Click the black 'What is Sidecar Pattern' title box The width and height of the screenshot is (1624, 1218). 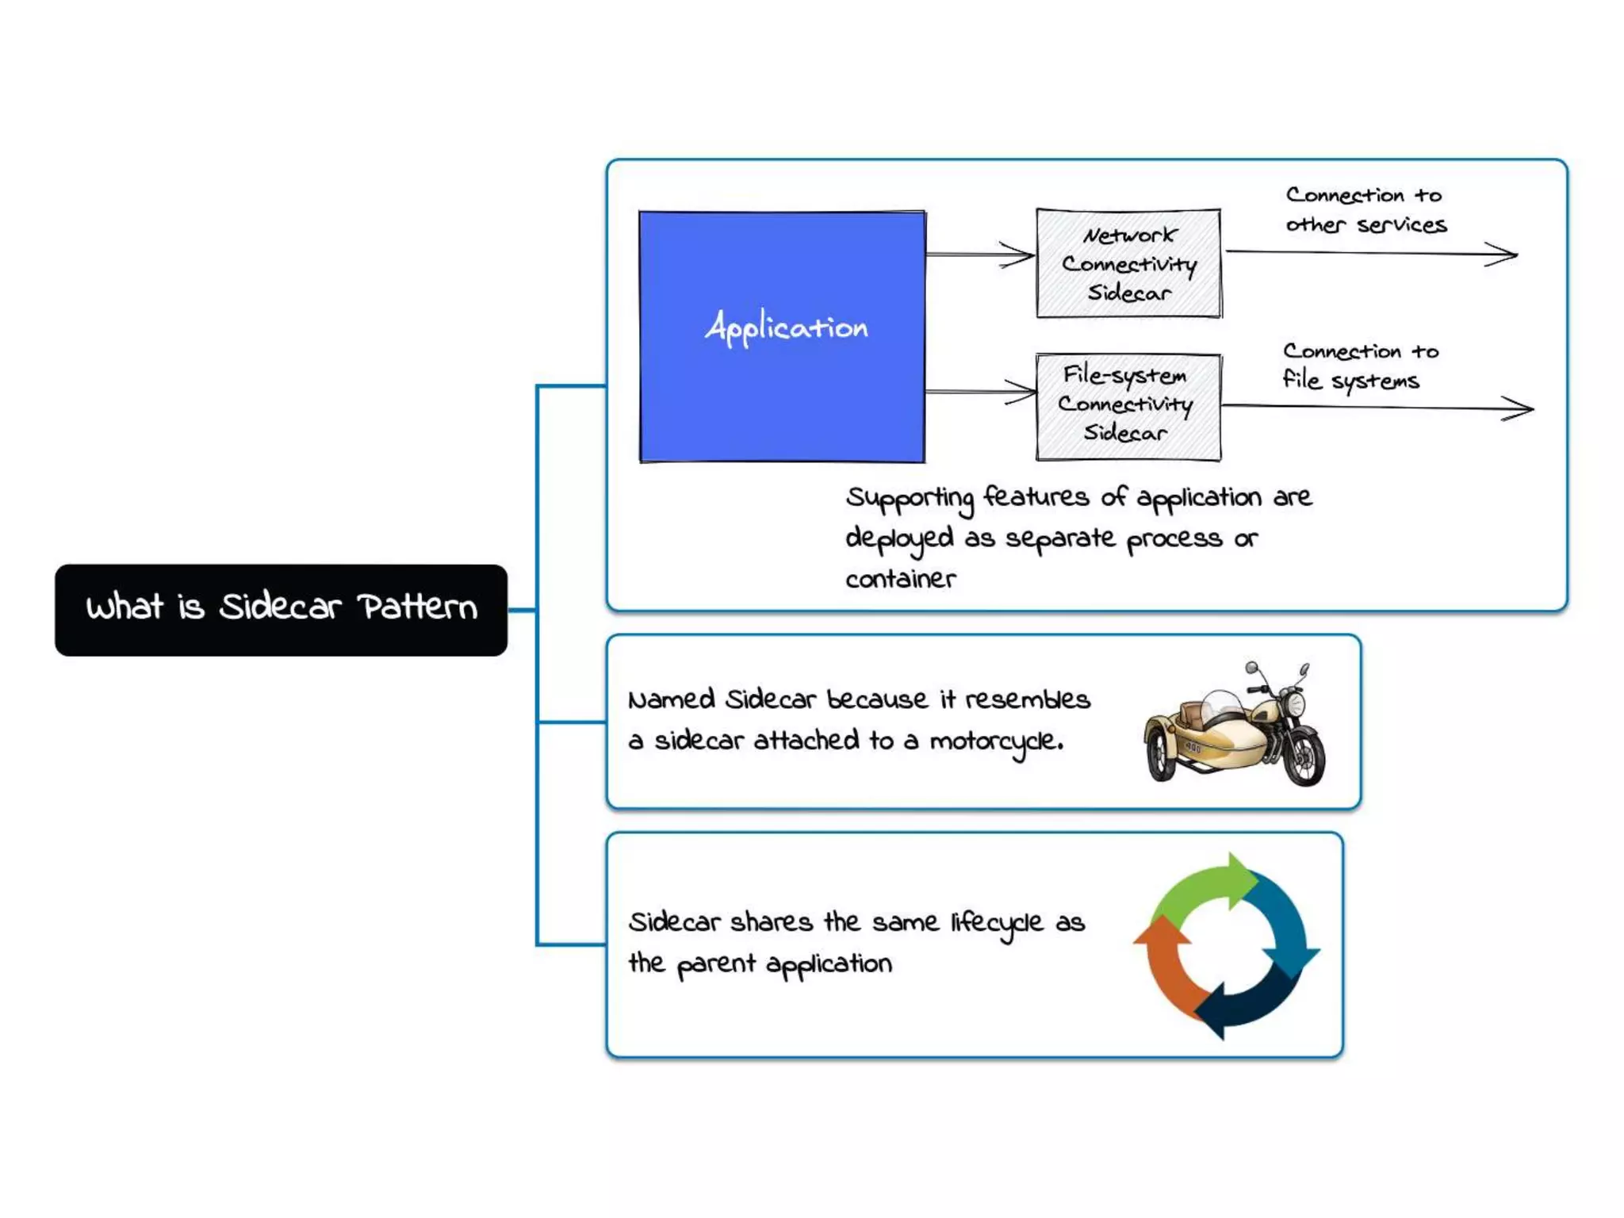281,609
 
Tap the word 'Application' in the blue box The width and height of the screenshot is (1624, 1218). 786,327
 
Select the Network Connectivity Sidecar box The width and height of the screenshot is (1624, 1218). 1128,263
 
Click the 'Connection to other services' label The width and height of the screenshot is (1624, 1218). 1365,210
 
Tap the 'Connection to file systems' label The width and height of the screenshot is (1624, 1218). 1360,366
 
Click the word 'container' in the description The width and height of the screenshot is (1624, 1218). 900,579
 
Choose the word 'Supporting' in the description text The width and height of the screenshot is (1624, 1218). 909,498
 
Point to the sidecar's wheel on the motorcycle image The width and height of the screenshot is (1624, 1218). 1159,753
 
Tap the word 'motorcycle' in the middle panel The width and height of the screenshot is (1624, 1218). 995,741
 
